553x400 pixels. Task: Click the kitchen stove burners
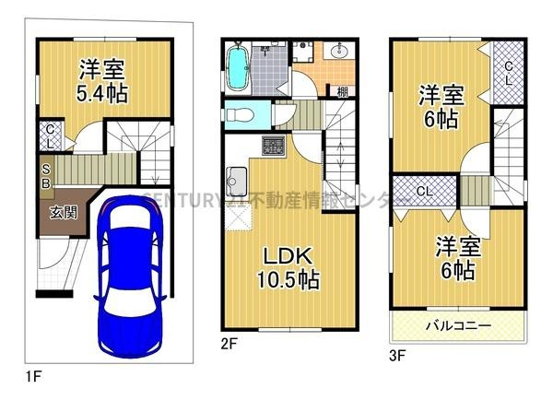tap(275, 145)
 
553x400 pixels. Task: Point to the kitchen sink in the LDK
tap(236, 178)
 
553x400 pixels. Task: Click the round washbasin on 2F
tap(335, 53)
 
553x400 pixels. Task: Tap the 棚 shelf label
tap(341, 90)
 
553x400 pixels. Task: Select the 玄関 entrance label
tap(64, 211)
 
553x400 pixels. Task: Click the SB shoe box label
tap(46, 174)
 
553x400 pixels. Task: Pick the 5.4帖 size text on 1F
tap(102, 93)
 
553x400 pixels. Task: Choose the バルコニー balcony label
tap(458, 325)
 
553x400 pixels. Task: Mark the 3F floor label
tap(397, 351)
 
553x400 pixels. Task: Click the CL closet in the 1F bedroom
tap(50, 136)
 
